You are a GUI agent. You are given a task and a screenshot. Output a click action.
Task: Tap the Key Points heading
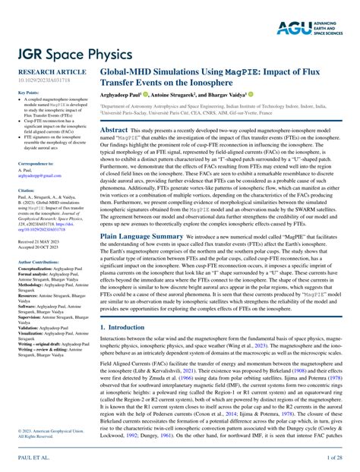pyautogui.click(x=29, y=93)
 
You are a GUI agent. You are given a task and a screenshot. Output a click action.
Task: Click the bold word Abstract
pyautogui.click(x=114, y=131)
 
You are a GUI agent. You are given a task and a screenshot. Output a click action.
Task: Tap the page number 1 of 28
pyautogui.click(x=335, y=459)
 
